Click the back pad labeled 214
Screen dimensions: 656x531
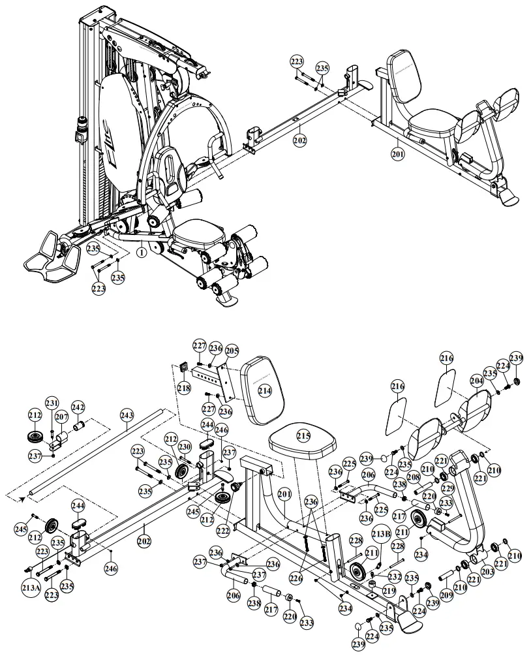click(x=264, y=391)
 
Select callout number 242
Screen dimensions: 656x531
click(x=78, y=407)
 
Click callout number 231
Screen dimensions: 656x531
click(x=52, y=403)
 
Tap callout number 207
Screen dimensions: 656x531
click(x=61, y=416)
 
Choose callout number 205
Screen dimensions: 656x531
click(x=232, y=351)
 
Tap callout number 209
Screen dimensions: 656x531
click(x=446, y=595)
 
